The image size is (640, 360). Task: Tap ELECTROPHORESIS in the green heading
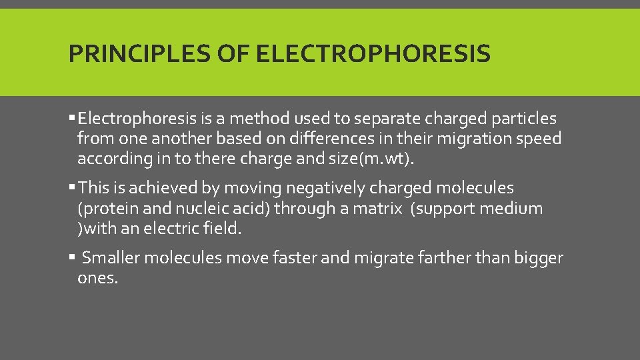click(373, 53)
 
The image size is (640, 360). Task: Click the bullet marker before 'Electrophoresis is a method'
click(72, 119)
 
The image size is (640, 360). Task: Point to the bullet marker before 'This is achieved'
click(72, 189)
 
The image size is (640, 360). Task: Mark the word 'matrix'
click(378, 209)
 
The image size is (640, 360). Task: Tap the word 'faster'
click(295, 258)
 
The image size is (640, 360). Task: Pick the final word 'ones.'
click(98, 278)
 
